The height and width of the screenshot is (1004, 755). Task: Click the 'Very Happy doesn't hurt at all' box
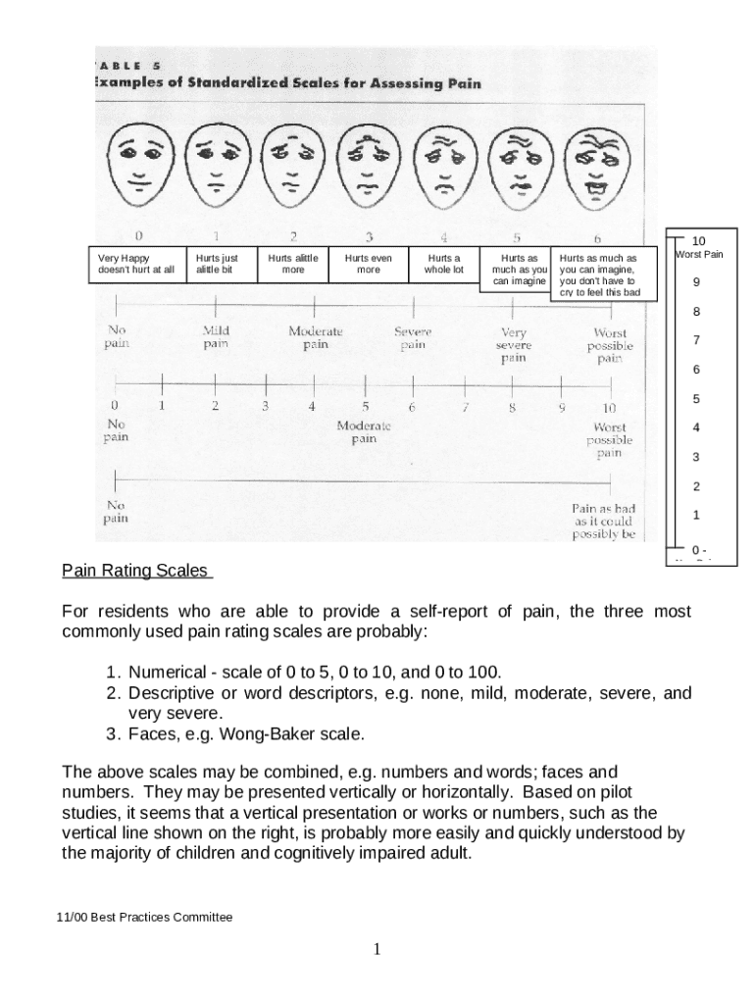pos(136,264)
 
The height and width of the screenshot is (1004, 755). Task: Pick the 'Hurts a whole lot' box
pos(443,264)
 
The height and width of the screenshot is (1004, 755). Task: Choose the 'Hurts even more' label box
pos(368,264)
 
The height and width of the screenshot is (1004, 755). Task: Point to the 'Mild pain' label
pos(216,337)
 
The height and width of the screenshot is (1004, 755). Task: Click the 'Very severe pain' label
pos(514,345)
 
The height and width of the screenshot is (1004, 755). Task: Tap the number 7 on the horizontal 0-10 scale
pos(466,407)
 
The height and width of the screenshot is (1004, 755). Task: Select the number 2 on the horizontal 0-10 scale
pos(215,406)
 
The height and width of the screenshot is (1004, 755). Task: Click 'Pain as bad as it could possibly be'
pos(604,522)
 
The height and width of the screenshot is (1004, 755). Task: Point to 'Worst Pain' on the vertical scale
pos(698,255)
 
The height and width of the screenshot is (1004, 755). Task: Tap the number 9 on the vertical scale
pos(696,283)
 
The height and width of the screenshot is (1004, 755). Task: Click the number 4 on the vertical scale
pos(696,428)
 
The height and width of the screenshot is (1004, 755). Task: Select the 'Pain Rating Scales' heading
pos(135,570)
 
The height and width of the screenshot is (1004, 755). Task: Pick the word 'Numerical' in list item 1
pos(167,673)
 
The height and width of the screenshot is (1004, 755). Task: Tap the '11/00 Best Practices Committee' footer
pos(144,918)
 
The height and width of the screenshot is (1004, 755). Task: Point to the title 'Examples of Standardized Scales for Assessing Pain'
pos(286,83)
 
